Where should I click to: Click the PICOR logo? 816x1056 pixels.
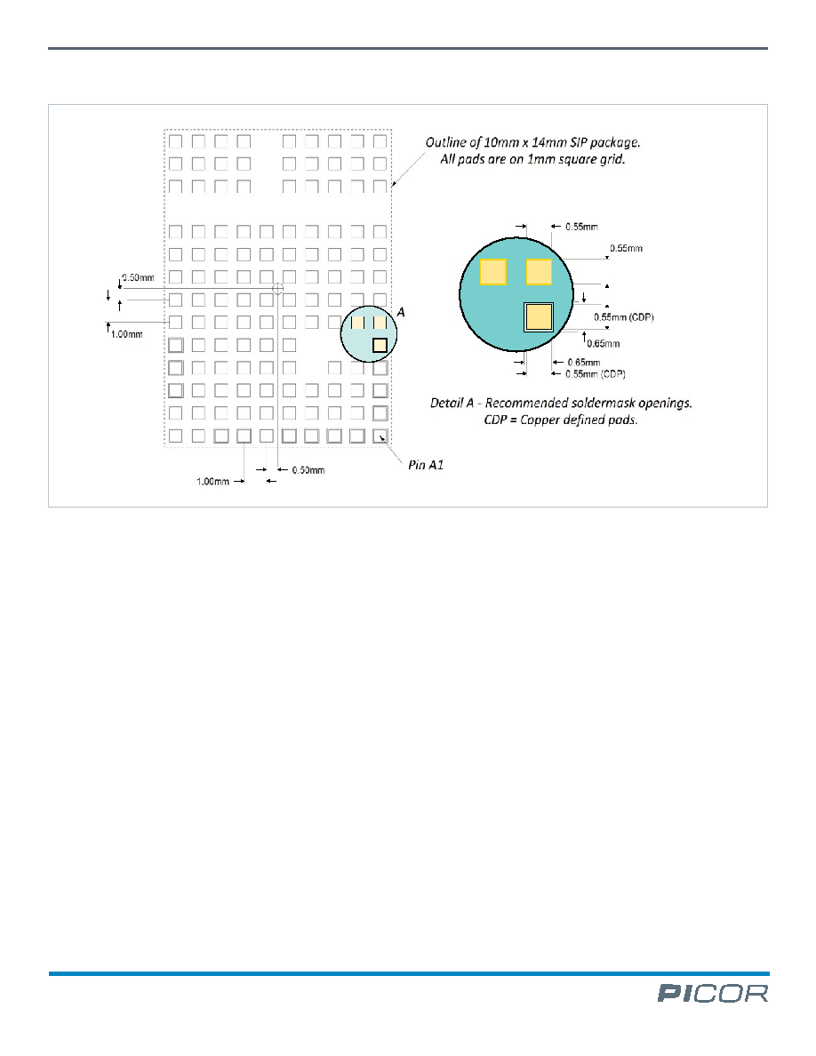713,994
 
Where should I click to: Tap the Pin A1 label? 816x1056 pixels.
426,465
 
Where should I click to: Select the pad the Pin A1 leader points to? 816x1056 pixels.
380,436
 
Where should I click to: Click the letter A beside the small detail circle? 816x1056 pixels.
401,312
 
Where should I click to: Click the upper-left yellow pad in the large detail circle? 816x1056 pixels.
492,272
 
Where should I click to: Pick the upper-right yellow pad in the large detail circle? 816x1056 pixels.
539,272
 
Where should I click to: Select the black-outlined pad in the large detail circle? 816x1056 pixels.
539,316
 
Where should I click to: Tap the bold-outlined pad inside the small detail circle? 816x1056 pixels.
380,345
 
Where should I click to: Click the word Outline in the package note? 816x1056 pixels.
445,142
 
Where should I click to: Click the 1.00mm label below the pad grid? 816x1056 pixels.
212,482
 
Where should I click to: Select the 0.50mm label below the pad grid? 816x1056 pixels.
308,470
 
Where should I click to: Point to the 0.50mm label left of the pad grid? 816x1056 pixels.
138,277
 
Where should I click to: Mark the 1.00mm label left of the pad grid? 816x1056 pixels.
126,334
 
